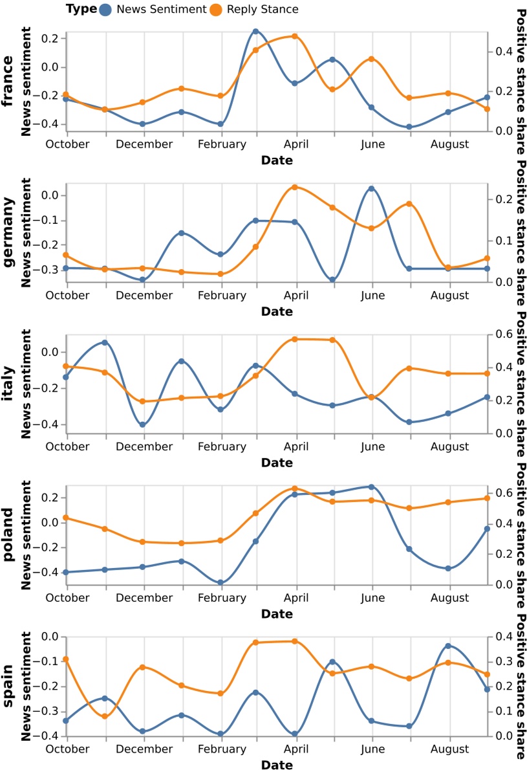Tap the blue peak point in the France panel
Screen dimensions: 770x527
click(x=255, y=31)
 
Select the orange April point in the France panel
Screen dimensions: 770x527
click(x=295, y=36)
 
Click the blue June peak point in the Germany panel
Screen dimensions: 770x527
click(x=372, y=188)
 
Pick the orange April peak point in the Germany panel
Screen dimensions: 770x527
click(x=295, y=187)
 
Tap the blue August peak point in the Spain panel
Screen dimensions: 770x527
click(x=448, y=646)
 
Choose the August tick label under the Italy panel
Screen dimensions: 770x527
click(x=449, y=446)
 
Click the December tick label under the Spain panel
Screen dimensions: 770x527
click(x=144, y=749)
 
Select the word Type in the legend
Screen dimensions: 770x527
click(x=81, y=9)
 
